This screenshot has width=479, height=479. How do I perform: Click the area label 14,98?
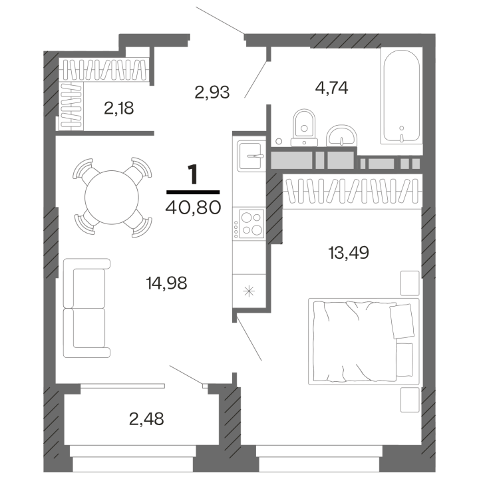[x=166, y=283]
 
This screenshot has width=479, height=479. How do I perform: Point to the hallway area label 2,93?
[x=212, y=92]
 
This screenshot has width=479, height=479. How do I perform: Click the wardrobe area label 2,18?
[x=119, y=108]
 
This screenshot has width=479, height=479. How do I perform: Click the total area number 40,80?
[x=192, y=207]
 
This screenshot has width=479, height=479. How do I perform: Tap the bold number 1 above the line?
[x=193, y=174]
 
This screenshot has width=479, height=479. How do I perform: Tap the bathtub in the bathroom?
[x=400, y=96]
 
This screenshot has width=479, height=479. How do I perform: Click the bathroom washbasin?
[x=343, y=135]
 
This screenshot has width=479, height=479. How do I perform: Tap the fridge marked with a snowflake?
[x=249, y=290]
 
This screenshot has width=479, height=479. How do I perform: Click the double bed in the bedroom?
[x=363, y=341]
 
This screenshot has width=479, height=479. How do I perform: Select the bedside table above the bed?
[x=409, y=282]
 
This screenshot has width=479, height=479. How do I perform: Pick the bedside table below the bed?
[x=409, y=399]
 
